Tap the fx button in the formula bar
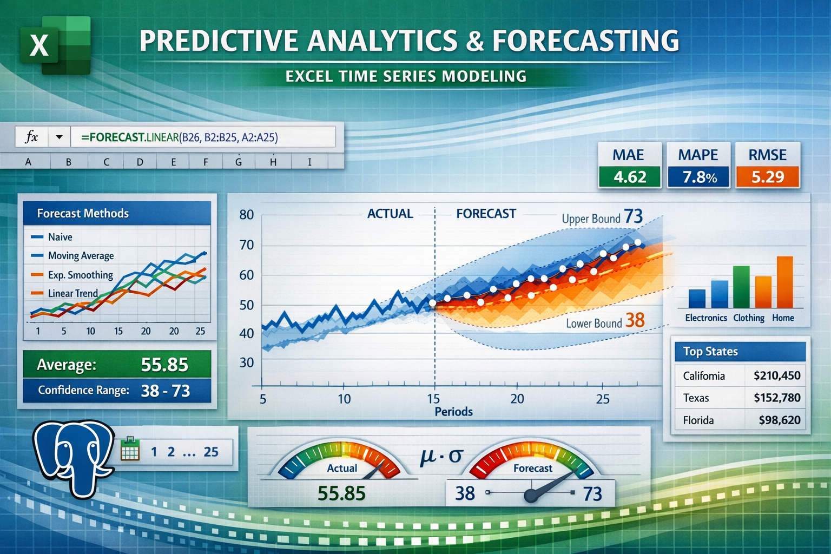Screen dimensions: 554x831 (x=31, y=137)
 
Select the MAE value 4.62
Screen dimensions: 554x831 (x=630, y=177)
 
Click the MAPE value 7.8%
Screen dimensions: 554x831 (x=698, y=177)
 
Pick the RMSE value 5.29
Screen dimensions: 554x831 (x=767, y=177)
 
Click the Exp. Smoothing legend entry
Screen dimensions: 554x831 (x=80, y=275)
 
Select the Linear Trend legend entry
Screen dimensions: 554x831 (x=72, y=293)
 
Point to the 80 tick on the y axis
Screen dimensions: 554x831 (x=247, y=215)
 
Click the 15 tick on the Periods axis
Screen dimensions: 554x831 (x=433, y=399)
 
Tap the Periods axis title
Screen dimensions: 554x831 (x=453, y=412)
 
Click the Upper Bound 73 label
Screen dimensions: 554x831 (x=602, y=217)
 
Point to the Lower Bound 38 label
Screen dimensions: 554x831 (x=605, y=322)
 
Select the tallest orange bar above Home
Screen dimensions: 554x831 (x=784, y=282)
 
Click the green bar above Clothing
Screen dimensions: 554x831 (x=741, y=287)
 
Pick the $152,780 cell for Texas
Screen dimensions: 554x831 (x=776, y=398)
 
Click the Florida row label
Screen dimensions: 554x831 (x=698, y=420)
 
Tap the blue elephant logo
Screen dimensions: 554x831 (x=73, y=457)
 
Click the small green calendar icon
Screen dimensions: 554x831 (x=130, y=449)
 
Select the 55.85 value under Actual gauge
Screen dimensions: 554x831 (x=341, y=493)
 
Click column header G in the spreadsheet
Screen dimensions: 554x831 (x=238, y=162)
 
